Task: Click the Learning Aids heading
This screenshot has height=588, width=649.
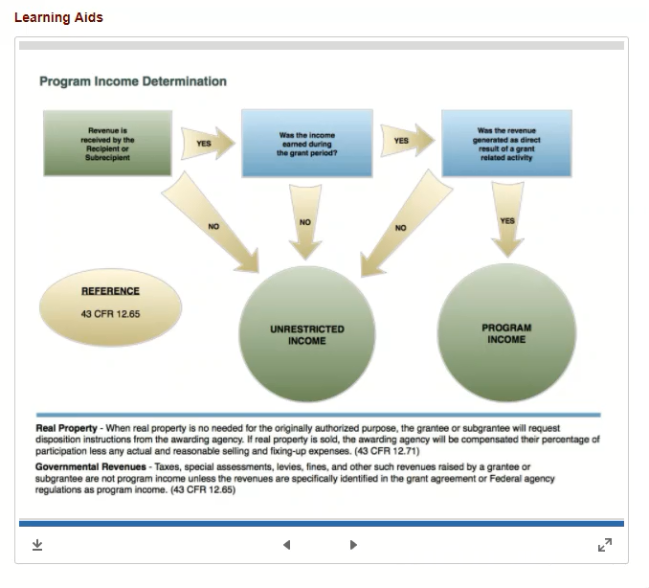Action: (58, 17)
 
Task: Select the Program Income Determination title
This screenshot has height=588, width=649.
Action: (133, 81)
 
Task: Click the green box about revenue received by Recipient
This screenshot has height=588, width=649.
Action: (107, 144)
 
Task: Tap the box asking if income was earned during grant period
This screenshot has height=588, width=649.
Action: (307, 144)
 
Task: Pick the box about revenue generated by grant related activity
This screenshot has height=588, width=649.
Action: (506, 144)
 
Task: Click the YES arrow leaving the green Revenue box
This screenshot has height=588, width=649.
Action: (208, 144)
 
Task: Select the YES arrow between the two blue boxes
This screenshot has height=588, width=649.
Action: (407, 141)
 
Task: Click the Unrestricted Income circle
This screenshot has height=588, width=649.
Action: (307, 334)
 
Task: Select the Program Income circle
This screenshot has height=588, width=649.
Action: (506, 332)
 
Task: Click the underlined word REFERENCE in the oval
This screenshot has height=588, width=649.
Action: (110, 291)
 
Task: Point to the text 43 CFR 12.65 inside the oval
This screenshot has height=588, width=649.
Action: (110, 314)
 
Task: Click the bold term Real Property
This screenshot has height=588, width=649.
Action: (66, 428)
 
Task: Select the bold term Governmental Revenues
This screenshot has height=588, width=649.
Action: (91, 467)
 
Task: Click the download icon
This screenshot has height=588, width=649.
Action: (37, 545)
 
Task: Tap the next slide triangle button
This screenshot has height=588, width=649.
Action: (353, 545)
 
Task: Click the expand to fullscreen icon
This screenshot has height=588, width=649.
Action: (605, 545)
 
